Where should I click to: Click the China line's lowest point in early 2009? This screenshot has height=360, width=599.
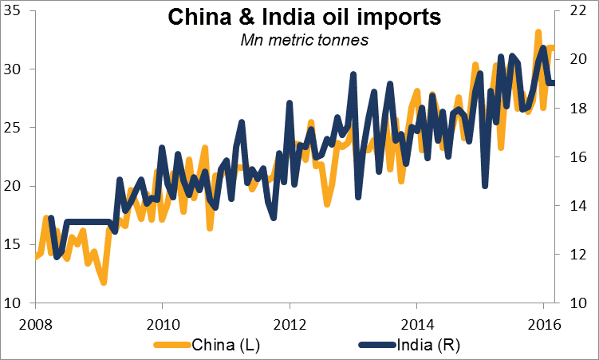(x=104, y=282)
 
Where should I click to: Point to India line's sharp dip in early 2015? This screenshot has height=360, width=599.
(x=485, y=186)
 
